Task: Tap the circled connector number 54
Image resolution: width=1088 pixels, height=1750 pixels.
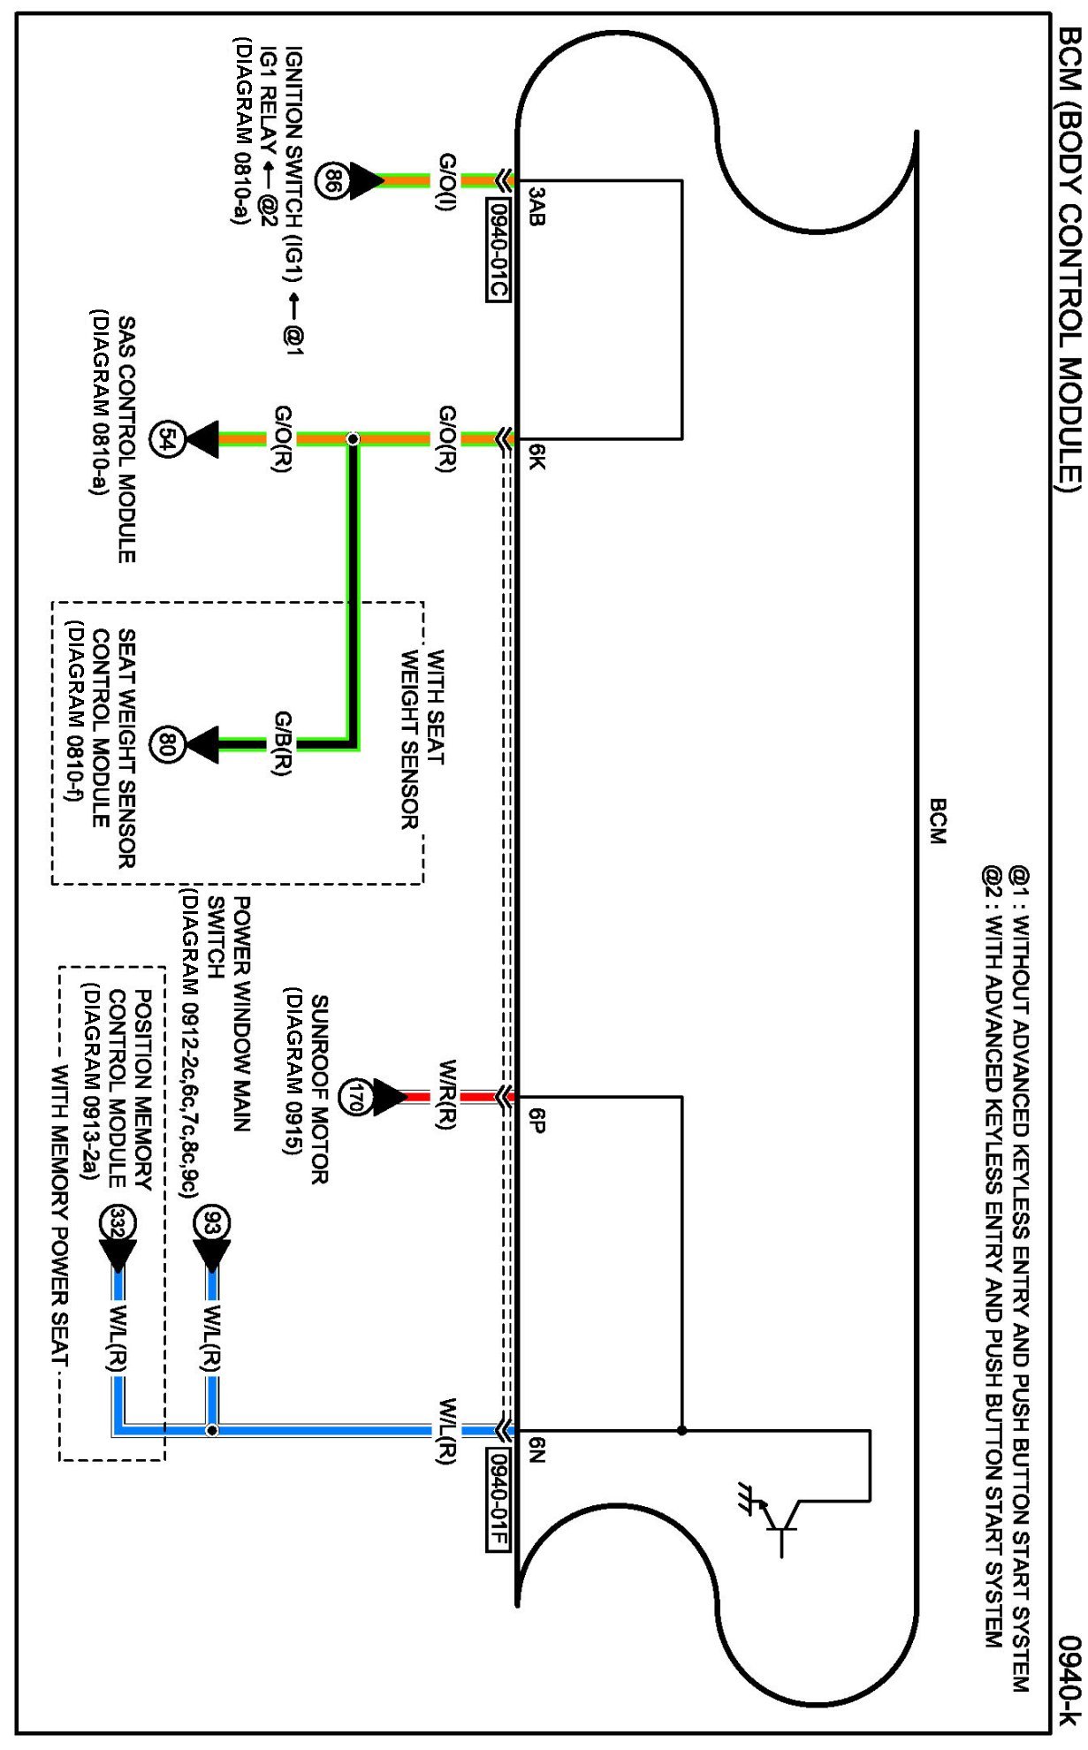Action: [x=167, y=439]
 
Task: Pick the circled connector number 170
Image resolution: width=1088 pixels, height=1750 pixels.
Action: [x=357, y=1097]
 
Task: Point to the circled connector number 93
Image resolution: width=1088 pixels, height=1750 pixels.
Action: [x=211, y=1224]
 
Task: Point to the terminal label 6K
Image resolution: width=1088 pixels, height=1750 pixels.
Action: [x=536, y=456]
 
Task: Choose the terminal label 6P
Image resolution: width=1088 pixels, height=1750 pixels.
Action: [x=536, y=1120]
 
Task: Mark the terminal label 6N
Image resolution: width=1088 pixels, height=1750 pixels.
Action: [x=536, y=1452]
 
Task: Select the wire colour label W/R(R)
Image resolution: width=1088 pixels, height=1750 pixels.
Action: [x=447, y=1094]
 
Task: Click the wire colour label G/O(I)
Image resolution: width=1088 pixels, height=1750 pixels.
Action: [x=447, y=180]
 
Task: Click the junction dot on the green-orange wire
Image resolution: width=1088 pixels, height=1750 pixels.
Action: [x=353, y=439]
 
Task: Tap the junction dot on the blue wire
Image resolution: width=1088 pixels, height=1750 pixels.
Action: [x=211, y=1430]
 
